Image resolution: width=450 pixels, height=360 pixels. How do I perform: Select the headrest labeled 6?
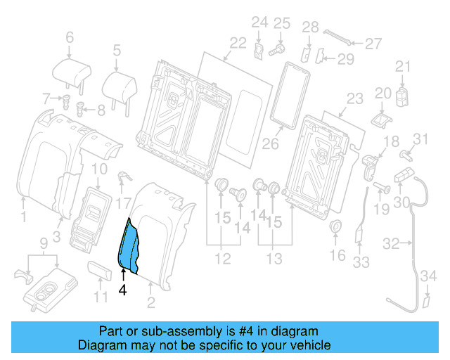70,70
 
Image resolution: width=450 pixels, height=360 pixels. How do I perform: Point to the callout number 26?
271,146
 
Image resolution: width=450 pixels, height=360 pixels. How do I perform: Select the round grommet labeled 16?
335,227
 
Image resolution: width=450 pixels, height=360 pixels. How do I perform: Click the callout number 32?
391,243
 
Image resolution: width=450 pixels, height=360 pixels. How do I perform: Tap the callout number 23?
356,98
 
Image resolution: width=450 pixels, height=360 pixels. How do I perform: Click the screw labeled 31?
405,153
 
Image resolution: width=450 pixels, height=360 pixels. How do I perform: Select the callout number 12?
222,259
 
